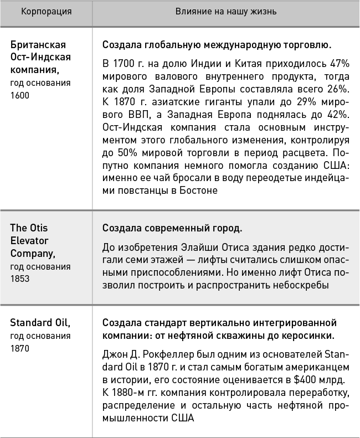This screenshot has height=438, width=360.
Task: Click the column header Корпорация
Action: (46, 11)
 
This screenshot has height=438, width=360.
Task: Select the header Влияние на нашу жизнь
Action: (226, 11)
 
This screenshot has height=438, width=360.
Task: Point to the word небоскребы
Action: (300, 285)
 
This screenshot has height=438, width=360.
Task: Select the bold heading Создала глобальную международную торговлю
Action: (217, 44)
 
